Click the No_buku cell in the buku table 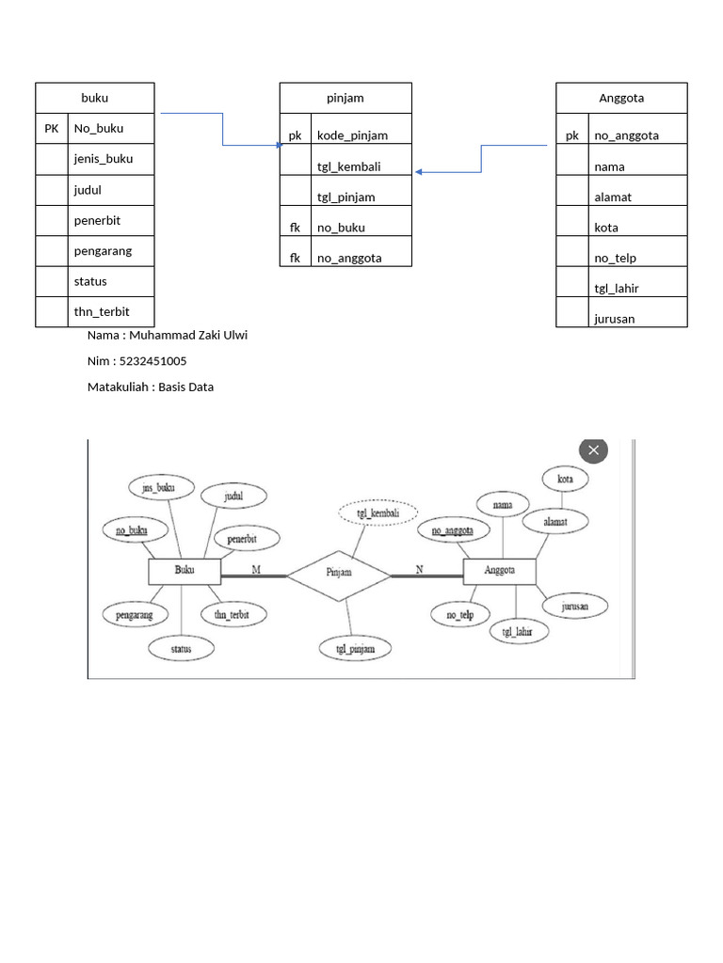[99, 128]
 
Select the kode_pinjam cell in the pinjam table [352, 135]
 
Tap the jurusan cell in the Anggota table [614, 318]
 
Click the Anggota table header [621, 98]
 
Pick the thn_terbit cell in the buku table [102, 311]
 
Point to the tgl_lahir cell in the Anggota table [617, 288]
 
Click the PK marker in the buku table [52, 128]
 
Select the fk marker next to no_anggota [295, 258]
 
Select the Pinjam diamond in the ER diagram [339, 571]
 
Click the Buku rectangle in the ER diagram [185, 571]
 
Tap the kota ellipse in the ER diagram [566, 479]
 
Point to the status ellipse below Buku [180, 648]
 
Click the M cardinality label [255, 569]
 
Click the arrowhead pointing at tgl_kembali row [419, 172]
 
